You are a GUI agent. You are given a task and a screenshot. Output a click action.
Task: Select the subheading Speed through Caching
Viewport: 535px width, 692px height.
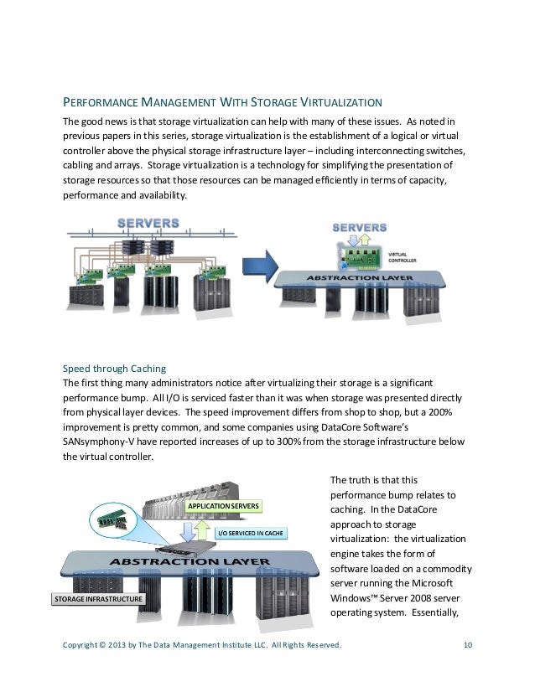coord(114,368)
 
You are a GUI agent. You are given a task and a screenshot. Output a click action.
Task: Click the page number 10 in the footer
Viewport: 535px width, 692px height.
coord(468,644)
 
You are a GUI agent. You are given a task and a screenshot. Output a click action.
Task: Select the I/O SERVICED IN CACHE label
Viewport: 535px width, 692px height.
coord(251,533)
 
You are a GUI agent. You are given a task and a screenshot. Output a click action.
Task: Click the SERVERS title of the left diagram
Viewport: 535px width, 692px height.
coord(148,223)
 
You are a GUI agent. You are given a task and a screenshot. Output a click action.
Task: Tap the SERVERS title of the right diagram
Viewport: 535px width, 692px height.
coord(360,227)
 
